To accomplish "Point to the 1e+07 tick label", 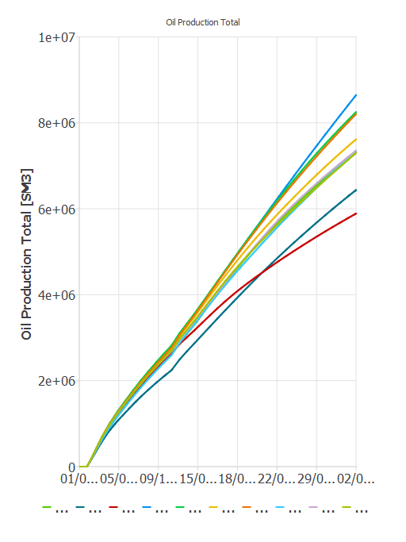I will point(54,37).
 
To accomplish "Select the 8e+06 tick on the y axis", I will point(54,123).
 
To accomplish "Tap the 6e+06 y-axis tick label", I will point(54,209).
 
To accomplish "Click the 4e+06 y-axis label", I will point(54,294).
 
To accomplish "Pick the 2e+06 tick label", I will point(54,381).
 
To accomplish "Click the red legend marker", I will point(114,507).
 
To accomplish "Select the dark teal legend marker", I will point(81,507).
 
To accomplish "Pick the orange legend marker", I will point(247,507).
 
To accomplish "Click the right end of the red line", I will point(356,213).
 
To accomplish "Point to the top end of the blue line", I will point(356,94).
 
